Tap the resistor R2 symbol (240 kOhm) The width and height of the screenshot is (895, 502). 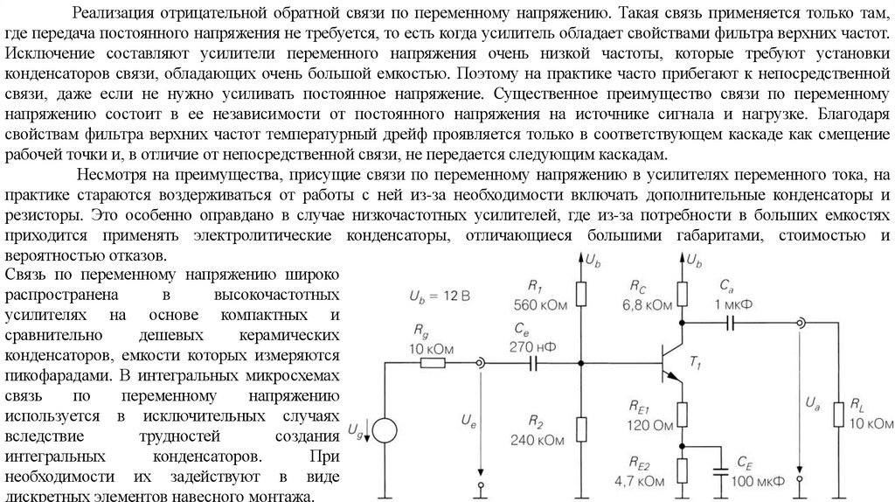(x=581, y=428)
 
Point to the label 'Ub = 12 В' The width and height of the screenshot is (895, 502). (x=439, y=296)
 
